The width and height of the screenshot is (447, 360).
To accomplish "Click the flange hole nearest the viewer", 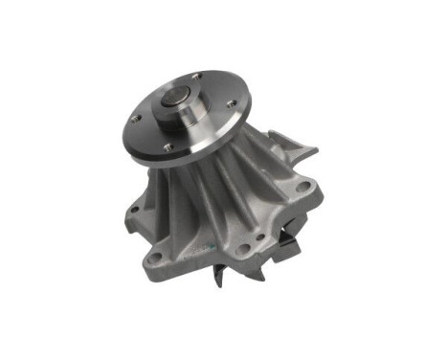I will [168, 146].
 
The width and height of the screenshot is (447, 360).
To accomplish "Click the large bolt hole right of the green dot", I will [243, 251].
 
